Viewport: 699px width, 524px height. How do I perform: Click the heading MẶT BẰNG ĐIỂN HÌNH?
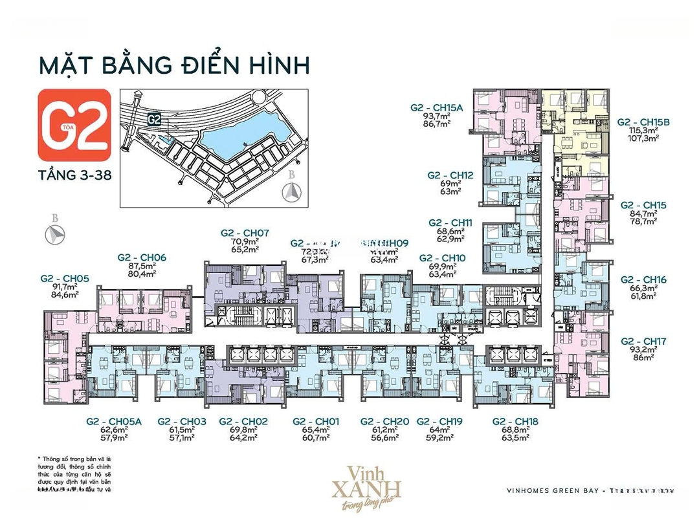tap(174, 65)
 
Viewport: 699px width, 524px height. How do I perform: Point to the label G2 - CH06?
tap(142, 257)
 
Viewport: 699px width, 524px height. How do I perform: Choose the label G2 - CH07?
tap(245, 233)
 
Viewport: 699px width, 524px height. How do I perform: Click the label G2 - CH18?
tap(515, 421)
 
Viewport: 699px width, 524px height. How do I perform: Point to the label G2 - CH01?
tap(315, 421)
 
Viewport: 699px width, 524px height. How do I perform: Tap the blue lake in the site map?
tap(239, 136)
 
